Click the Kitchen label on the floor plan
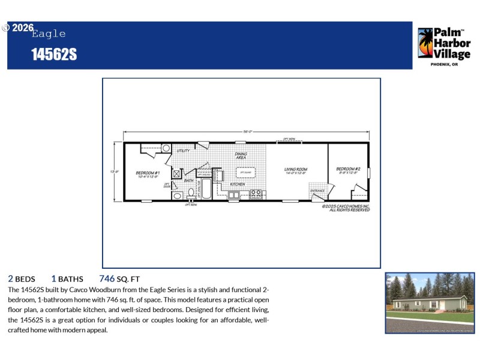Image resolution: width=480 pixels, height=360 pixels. coord(237,184)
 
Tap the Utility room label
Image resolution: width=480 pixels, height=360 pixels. coord(184,151)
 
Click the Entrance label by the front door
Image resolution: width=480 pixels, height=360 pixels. coord(317,191)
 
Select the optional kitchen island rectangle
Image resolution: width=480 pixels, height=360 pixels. coord(245,173)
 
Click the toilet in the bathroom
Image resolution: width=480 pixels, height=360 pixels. coord(191,193)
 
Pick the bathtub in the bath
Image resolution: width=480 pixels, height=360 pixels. coord(205,189)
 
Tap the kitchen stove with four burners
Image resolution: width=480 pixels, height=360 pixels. coord(256,194)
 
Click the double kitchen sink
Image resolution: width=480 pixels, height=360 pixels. coord(233,194)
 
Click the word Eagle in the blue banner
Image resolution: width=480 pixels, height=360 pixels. coord(49,34)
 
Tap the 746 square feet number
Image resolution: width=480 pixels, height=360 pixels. coord(107,278)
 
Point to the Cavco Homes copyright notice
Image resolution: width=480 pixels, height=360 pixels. coord(346,207)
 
